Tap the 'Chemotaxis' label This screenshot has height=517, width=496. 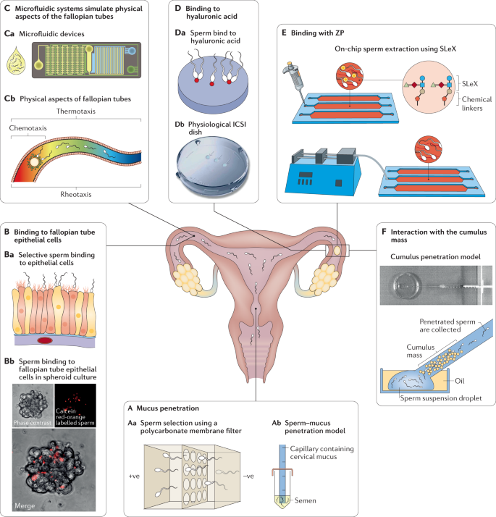pos(28,128)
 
